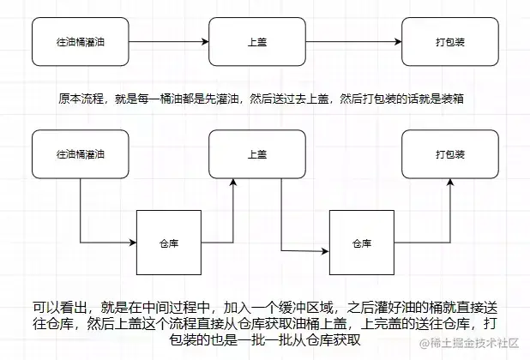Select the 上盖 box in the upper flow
point(256,41)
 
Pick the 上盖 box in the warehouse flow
point(256,154)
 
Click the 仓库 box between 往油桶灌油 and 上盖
point(169,243)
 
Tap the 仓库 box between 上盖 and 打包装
point(362,243)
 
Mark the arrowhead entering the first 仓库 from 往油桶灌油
point(133,243)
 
